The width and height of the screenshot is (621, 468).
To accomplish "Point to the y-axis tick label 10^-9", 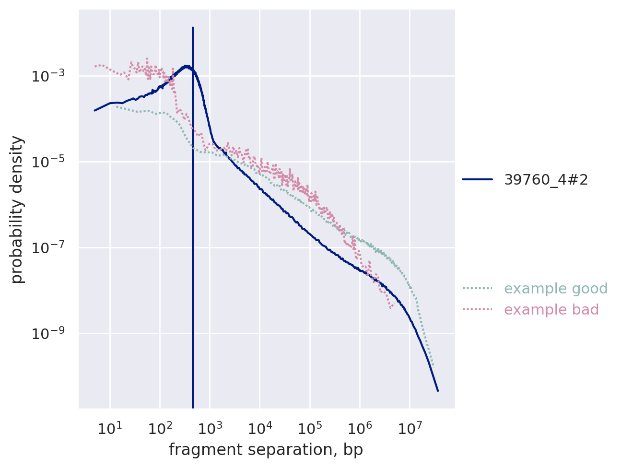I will pyautogui.click(x=50, y=333).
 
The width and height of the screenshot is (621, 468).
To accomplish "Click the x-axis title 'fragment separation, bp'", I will pyautogui.click(x=266, y=450).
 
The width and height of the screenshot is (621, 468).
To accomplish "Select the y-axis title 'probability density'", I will pyautogui.click(x=17, y=210).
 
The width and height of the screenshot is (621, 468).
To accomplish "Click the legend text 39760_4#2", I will pyautogui.click(x=546, y=180).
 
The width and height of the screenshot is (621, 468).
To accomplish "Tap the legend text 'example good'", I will pyautogui.click(x=549, y=289).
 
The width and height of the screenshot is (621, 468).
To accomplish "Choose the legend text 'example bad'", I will pyautogui.click(x=551, y=310).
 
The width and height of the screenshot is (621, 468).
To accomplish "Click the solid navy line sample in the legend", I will pyautogui.click(x=478, y=180).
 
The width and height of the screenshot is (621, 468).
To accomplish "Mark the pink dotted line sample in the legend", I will pyautogui.click(x=478, y=310).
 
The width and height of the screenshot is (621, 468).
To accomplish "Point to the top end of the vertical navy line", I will pyautogui.click(x=193, y=28).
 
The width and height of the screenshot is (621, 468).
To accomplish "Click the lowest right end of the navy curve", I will pyautogui.click(x=438, y=391).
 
